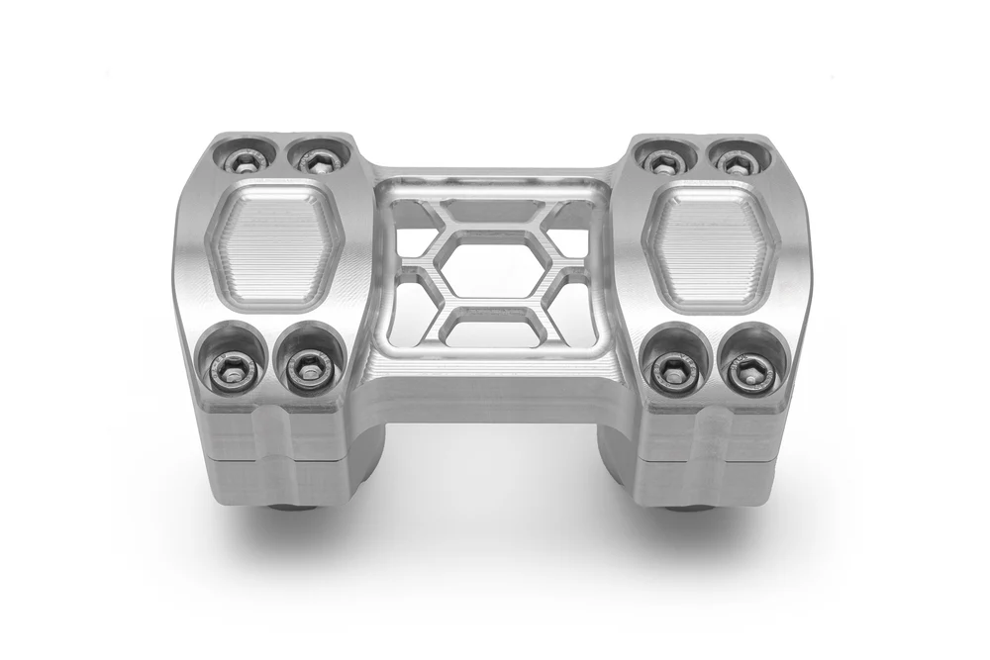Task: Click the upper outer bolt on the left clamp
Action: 242,158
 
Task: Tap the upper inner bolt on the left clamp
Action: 315,159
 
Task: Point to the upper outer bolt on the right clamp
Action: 734,160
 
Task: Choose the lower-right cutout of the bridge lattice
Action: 574,317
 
